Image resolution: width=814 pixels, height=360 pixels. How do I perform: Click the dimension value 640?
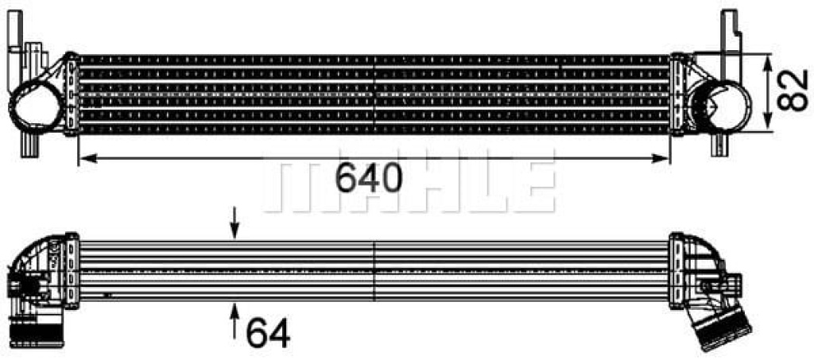click(x=369, y=177)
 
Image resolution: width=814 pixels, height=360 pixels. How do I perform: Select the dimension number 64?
click(x=268, y=332)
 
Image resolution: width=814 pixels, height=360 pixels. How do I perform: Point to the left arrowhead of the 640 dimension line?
click(x=87, y=158)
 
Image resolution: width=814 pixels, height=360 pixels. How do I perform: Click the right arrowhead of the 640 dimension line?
click(x=661, y=158)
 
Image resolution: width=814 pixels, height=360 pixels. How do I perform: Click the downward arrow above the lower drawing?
click(x=235, y=223)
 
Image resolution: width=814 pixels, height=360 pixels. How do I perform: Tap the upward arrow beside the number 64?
click(x=235, y=322)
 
